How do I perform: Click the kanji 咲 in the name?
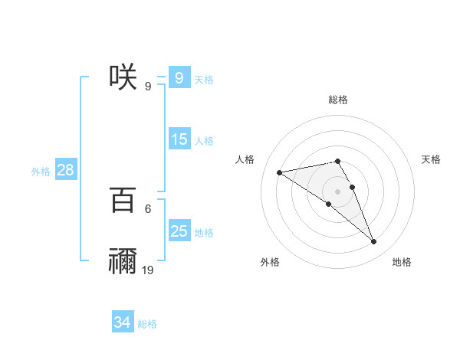[x=123, y=77]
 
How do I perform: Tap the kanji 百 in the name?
[x=123, y=200]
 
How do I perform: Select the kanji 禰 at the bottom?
[x=123, y=261]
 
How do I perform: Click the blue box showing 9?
[x=179, y=78]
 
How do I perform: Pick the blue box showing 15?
[x=179, y=139]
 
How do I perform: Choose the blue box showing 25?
[x=179, y=231]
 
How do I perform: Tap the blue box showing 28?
[x=65, y=170]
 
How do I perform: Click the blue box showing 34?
[x=122, y=323]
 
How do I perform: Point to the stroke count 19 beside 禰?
[x=148, y=270]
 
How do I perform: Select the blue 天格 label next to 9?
[x=204, y=80]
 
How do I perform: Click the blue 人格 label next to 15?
[x=204, y=141]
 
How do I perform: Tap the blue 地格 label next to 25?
[x=204, y=233]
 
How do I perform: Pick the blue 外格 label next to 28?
[x=41, y=172]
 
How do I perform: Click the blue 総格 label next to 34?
[x=147, y=325]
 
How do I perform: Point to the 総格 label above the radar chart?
[x=338, y=100]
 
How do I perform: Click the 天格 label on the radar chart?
[x=432, y=159]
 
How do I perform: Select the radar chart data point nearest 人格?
[x=280, y=172]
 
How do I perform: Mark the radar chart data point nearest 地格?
[x=374, y=242]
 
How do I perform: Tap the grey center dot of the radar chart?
[x=338, y=191]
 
